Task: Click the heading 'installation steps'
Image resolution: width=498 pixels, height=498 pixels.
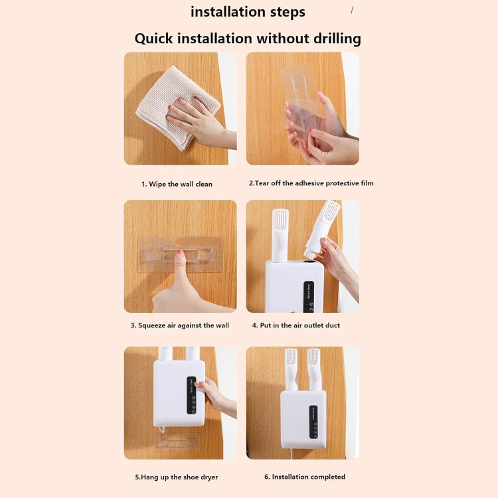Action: click(x=248, y=12)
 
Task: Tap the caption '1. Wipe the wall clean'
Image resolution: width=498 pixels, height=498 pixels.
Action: click(x=177, y=184)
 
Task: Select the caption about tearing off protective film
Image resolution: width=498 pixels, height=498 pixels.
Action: click(x=311, y=183)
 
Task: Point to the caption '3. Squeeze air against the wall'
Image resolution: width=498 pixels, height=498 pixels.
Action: click(x=179, y=325)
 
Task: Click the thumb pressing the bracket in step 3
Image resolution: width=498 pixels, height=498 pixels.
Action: click(x=179, y=272)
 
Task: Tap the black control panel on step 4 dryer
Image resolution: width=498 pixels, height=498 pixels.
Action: click(x=309, y=296)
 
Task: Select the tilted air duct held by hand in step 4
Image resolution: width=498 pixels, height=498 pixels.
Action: click(x=323, y=229)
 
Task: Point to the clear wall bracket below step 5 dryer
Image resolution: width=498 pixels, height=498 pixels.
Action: click(x=178, y=442)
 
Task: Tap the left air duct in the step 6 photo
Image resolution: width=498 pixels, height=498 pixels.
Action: click(x=291, y=369)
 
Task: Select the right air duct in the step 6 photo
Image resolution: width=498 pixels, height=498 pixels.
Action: click(x=313, y=369)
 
